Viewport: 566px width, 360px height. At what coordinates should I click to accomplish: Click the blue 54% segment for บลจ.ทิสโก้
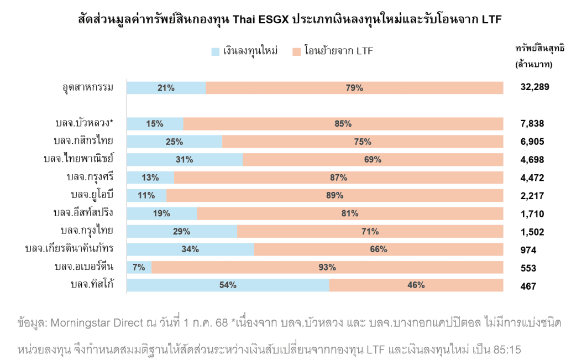point(228,285)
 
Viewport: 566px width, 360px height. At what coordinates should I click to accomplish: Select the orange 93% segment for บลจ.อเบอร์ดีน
point(327,268)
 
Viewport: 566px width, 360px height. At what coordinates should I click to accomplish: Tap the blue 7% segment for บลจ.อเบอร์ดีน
point(139,268)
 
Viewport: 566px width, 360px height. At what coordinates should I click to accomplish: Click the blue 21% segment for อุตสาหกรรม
point(166,88)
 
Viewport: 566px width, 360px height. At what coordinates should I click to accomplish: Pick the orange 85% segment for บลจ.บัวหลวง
point(343,124)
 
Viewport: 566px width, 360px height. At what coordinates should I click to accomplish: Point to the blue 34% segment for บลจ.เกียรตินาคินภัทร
point(190,249)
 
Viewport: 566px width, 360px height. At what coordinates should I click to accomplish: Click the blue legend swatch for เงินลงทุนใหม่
point(216,52)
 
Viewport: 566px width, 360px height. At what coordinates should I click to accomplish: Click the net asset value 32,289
point(534,87)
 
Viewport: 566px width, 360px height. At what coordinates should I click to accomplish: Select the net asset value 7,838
point(532,124)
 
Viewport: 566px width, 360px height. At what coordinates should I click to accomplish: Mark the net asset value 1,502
point(532,232)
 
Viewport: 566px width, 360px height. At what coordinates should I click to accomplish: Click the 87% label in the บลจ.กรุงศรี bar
point(338,178)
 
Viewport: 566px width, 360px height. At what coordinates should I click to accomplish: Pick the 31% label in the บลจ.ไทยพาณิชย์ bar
point(184,160)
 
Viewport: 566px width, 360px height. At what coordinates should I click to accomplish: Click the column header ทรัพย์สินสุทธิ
point(539,48)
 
